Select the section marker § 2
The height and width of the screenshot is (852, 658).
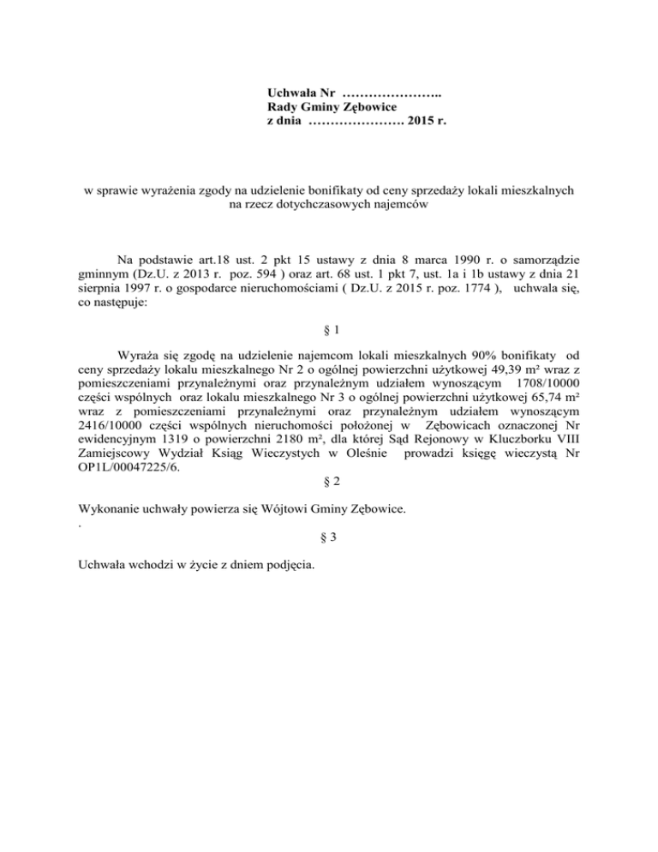click(x=328, y=482)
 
